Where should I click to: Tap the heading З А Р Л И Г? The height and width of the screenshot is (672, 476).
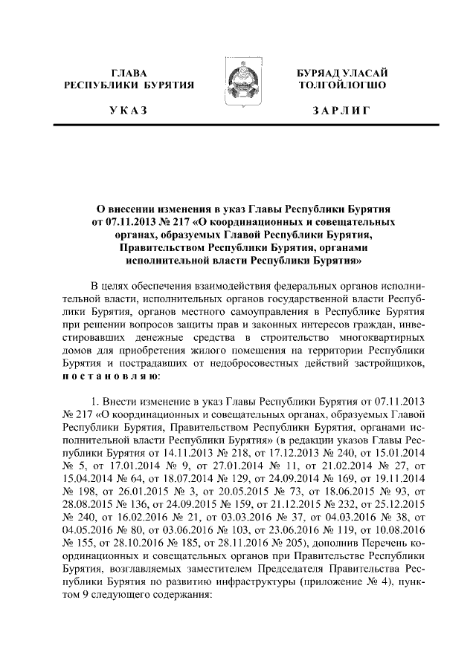pyautogui.click(x=341, y=111)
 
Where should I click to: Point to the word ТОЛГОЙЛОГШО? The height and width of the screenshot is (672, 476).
pyautogui.click(x=341, y=85)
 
